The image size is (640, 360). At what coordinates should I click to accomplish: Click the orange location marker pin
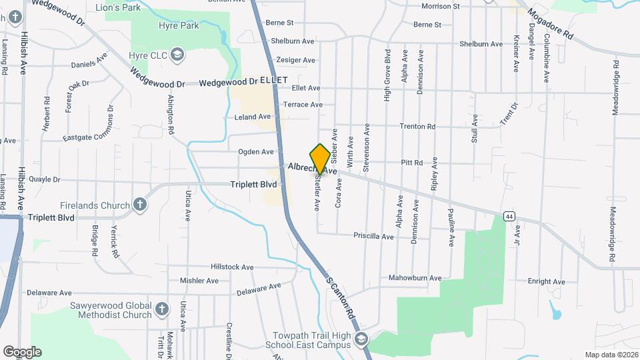coord(320,158)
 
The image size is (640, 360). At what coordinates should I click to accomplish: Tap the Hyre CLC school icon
coord(177,53)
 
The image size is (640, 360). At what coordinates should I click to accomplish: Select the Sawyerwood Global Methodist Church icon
coord(161,309)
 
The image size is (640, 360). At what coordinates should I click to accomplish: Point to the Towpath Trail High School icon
coord(361,339)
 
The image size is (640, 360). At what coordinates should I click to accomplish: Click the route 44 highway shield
coord(509,215)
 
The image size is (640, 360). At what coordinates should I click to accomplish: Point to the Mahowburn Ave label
coord(415,278)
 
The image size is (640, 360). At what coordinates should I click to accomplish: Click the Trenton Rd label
coord(417,127)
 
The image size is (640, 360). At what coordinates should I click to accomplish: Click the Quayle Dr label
coord(42,179)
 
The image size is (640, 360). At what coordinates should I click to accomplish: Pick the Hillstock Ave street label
coord(232,267)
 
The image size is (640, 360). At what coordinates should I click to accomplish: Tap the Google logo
coord(21,352)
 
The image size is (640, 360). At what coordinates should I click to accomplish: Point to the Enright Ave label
coord(547,281)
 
